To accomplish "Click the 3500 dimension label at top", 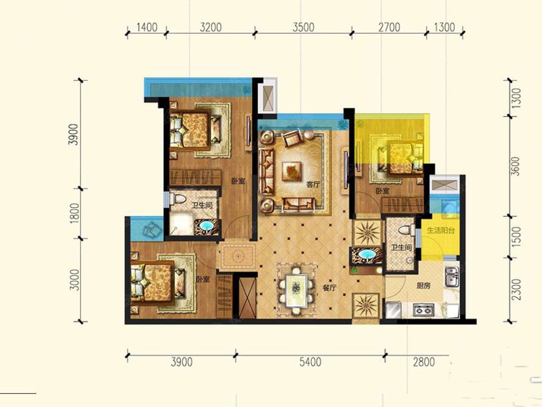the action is pos(303,28).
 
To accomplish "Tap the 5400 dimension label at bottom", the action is pos(310,362).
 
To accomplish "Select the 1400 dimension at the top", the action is pos(147,28).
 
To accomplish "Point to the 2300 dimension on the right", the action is pos(516,289).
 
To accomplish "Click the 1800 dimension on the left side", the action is pos(75,213).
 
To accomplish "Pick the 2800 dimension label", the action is pos(424,362).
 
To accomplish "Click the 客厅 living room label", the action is pos(313,185).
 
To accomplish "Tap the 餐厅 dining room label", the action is pos(329,288).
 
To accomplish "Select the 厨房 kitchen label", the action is pos(423,286).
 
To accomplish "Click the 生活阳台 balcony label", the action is pos(441,231).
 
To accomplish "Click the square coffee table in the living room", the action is pos(292,171).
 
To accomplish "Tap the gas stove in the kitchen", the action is pos(424,310).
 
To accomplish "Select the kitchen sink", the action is pos(452,277).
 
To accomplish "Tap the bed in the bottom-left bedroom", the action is pos(158,283).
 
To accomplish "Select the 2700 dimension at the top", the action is pos(389,28).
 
